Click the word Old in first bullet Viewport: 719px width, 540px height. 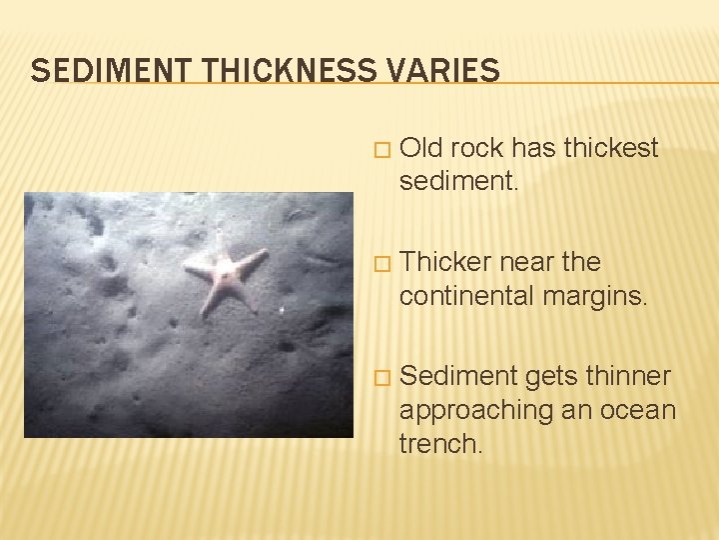coord(420,149)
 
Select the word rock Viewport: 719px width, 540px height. coord(477,149)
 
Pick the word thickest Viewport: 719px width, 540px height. coord(611,149)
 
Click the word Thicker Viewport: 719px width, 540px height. coord(444,262)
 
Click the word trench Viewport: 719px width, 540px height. coord(440,443)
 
